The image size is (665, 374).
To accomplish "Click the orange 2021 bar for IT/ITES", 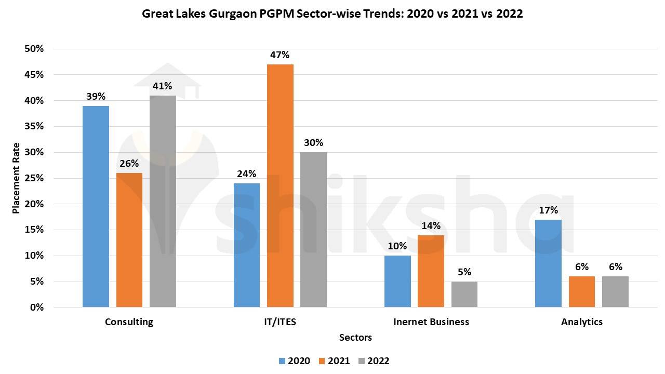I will [x=280, y=185].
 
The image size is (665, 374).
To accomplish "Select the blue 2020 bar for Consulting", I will [x=96, y=206].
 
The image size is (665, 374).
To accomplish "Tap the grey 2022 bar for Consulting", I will [x=163, y=201].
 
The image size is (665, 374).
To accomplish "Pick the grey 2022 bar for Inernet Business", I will [x=464, y=294].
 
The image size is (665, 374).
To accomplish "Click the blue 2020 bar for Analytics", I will [x=548, y=263].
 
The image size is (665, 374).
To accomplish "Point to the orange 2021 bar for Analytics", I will [x=581, y=291].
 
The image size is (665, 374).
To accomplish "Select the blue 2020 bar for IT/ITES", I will [x=247, y=245].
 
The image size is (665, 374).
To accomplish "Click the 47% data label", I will [x=280, y=55].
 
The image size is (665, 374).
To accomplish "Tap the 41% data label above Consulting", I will [x=163, y=86].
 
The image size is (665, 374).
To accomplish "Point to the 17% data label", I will [x=548, y=210].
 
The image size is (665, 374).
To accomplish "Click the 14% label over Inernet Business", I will [x=431, y=226].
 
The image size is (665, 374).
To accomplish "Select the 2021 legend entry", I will [x=338, y=361].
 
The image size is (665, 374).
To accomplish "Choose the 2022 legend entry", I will [x=378, y=361].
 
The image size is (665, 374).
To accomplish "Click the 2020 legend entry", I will [x=298, y=361].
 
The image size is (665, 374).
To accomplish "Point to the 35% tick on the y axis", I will [x=34, y=126].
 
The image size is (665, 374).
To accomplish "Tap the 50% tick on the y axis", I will [x=34, y=49].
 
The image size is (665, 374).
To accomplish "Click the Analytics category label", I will [x=582, y=322].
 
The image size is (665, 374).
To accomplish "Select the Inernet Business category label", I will [x=431, y=322].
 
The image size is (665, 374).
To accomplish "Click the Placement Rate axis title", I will [x=16, y=178].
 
